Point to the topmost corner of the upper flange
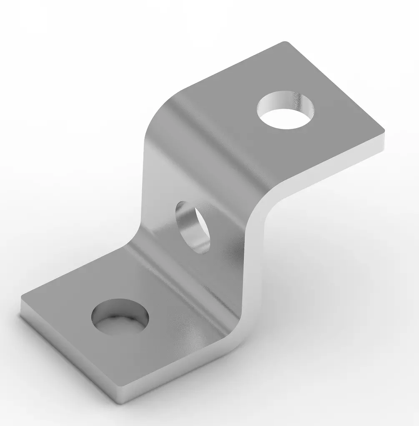click(285, 43)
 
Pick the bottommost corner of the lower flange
click(121, 401)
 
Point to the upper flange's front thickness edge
click(334, 171)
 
